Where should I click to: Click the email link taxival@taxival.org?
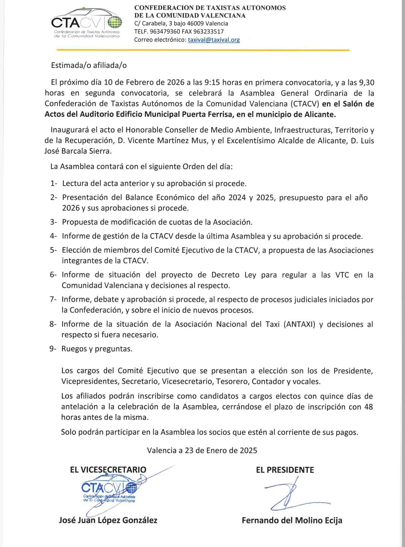pyautogui.click(x=214, y=40)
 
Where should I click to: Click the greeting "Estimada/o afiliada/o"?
pyautogui.click(x=89, y=65)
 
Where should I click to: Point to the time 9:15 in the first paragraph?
pyautogui.click(x=213, y=83)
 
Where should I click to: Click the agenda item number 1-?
pyautogui.click(x=54, y=184)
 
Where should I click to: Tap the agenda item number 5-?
pyautogui.click(x=53, y=250)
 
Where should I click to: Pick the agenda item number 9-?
pyautogui.click(x=53, y=349)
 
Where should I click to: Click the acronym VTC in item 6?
pyautogui.click(x=342, y=275)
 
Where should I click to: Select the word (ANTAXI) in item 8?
pyautogui.click(x=300, y=324)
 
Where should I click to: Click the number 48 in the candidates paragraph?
pyautogui.click(x=369, y=407)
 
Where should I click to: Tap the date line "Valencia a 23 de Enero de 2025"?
pyautogui.click(x=202, y=450)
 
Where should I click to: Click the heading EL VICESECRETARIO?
pyautogui.click(x=108, y=470)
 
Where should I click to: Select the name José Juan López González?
pyautogui.click(x=108, y=520)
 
